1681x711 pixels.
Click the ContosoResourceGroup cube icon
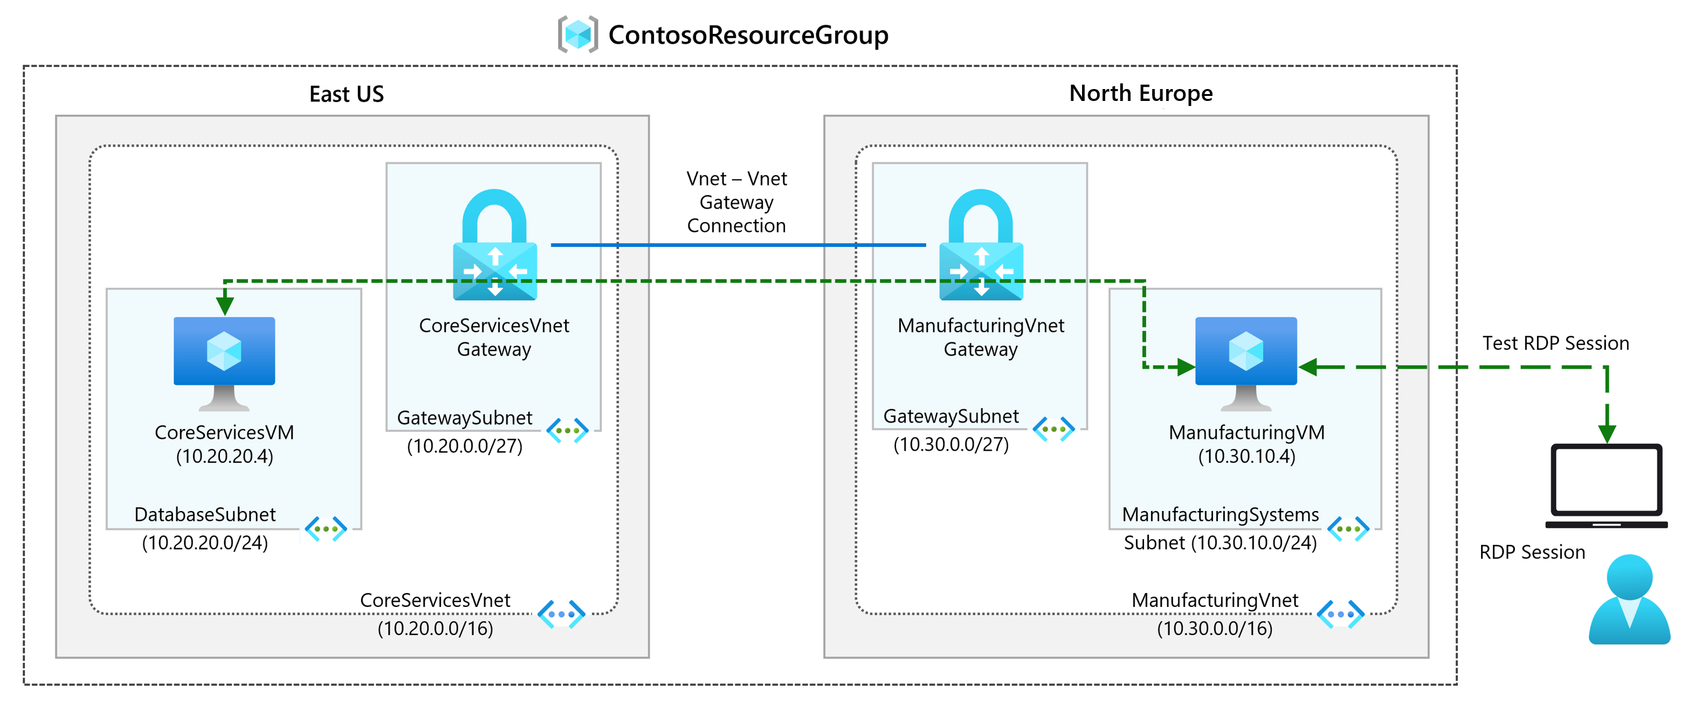pos(578,34)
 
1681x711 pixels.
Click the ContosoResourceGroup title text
pos(748,35)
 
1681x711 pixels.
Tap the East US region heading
pos(346,94)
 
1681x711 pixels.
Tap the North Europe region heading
pos(1140,93)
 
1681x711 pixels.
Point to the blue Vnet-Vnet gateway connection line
pos(737,245)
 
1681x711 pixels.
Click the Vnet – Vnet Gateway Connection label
pos(736,202)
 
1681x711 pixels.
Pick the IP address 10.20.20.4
pos(224,456)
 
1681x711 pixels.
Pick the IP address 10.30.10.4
pos(1246,456)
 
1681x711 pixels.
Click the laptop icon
pos(1606,486)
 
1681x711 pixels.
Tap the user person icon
pos(1629,600)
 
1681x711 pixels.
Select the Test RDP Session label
pos(1555,343)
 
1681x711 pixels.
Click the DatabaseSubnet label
pos(205,515)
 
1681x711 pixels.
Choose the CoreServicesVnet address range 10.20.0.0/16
pos(435,628)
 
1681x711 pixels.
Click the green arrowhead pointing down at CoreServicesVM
pos(224,305)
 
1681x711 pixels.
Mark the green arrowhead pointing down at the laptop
pos(1606,433)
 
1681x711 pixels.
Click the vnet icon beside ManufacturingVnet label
pos(1340,614)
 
